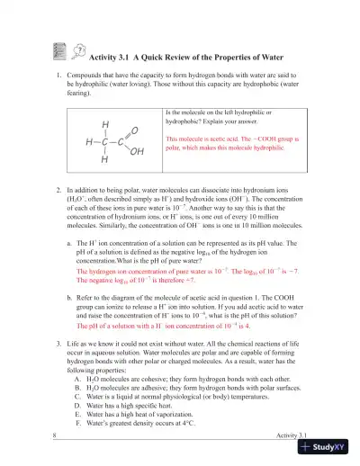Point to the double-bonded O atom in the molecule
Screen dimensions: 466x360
pos(135,131)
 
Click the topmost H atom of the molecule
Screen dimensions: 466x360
pos(105,124)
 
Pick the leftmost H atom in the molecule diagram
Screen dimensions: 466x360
pos(87,142)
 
